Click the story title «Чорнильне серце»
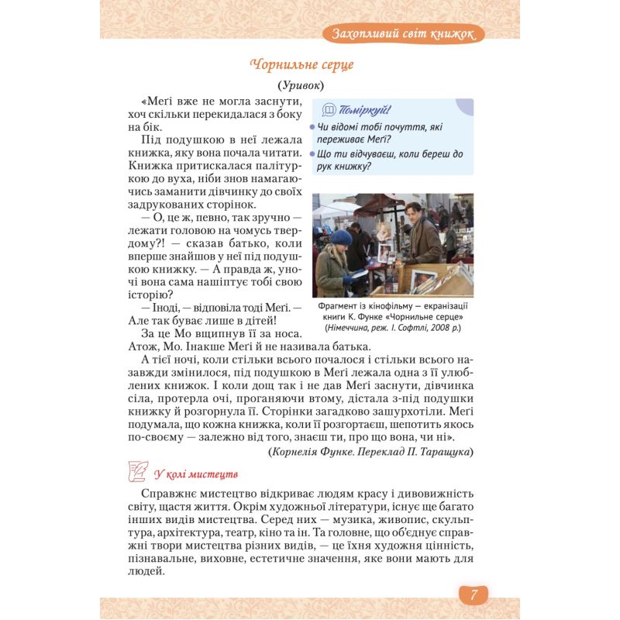pos(302,64)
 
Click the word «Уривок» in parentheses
pos(301,85)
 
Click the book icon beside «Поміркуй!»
pos(328,109)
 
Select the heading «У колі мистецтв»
pos(195,474)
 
